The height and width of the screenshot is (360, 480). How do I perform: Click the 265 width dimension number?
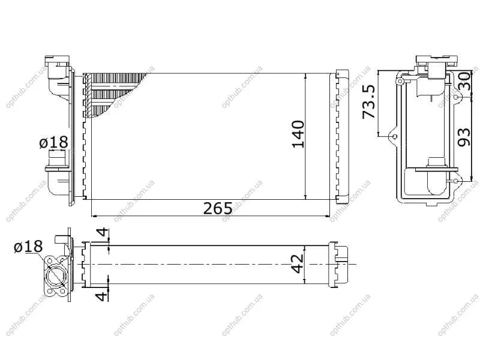tap(218, 208)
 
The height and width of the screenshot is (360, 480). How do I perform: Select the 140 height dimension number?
tap(298, 134)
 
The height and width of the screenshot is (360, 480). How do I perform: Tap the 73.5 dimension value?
tap(368, 101)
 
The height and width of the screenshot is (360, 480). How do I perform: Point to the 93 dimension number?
tap(464, 137)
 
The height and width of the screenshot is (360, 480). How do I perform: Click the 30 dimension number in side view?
tap(464, 80)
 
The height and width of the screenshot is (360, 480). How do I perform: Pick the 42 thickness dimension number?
tap(297, 264)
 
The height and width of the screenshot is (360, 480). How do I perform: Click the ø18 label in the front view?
tap(53, 142)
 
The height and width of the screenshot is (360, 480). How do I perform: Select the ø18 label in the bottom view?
tap(28, 247)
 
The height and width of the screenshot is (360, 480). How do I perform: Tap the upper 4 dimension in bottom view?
tap(103, 232)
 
